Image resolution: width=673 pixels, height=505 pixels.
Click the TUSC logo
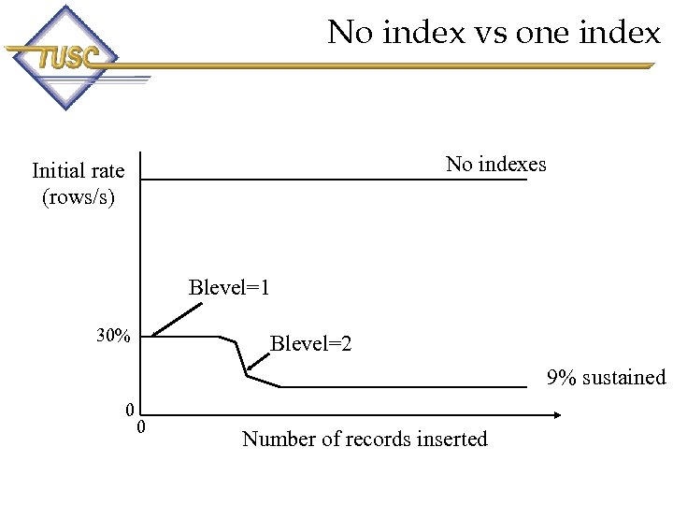64,58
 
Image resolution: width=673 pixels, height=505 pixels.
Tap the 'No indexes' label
495,165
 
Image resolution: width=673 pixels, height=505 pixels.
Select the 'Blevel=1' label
229,287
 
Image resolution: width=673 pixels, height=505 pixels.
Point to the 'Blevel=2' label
310,344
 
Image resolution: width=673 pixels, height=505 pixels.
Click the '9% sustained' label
606,378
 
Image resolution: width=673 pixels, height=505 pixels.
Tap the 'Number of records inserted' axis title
365,439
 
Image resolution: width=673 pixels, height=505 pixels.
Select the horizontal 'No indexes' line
336,180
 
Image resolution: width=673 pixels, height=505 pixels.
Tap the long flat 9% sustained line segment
402,386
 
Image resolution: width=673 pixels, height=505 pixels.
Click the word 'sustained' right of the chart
623,378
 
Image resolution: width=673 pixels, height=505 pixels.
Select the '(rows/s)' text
78,196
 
